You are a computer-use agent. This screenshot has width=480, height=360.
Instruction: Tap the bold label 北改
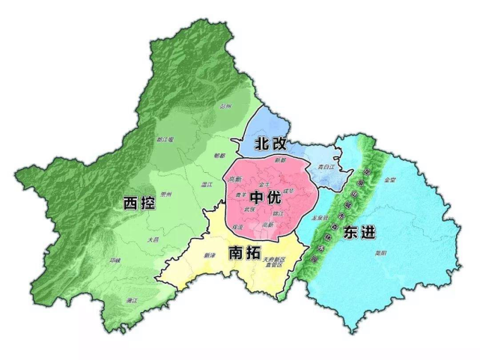click(x=270, y=143)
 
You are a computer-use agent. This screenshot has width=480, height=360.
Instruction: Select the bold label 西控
click(x=139, y=204)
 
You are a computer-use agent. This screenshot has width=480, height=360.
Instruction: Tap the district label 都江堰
click(x=165, y=139)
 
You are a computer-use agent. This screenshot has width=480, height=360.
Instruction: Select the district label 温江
click(x=208, y=183)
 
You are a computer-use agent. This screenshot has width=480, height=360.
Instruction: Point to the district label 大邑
click(x=153, y=240)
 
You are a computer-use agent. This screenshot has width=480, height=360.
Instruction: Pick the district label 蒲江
click(x=132, y=300)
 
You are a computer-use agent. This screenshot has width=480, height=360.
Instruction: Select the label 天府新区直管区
click(x=274, y=262)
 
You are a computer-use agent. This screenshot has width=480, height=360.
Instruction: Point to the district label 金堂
click(x=389, y=180)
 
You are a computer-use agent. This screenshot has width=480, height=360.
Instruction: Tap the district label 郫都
click(x=219, y=156)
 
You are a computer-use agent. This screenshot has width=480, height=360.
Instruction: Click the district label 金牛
click(x=264, y=183)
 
